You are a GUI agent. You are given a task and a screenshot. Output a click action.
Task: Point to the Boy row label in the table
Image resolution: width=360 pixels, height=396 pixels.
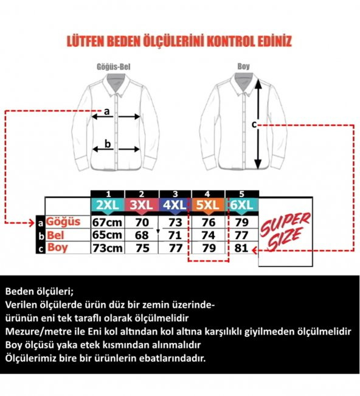tap(58, 248)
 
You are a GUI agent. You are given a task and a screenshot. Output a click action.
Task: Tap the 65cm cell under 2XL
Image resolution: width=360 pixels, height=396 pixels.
tap(107, 235)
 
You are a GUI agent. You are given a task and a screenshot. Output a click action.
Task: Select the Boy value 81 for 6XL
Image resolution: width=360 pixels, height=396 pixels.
tap(241, 248)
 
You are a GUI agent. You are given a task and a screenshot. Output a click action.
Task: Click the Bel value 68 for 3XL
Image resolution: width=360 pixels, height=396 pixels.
tap(142, 235)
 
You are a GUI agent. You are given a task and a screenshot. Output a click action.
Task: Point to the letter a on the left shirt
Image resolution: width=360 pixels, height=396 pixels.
tap(106, 111)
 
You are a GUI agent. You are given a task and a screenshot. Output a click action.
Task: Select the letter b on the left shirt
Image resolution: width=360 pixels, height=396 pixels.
tap(107, 144)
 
